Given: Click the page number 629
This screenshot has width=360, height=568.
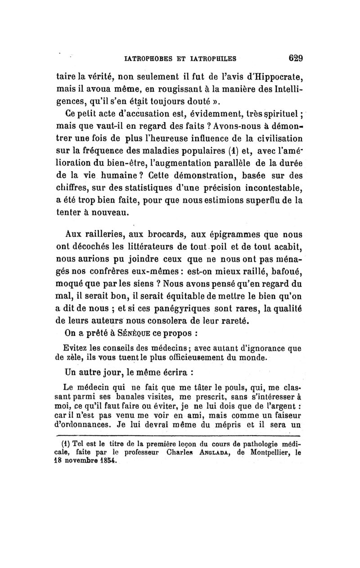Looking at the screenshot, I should point(293,58).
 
